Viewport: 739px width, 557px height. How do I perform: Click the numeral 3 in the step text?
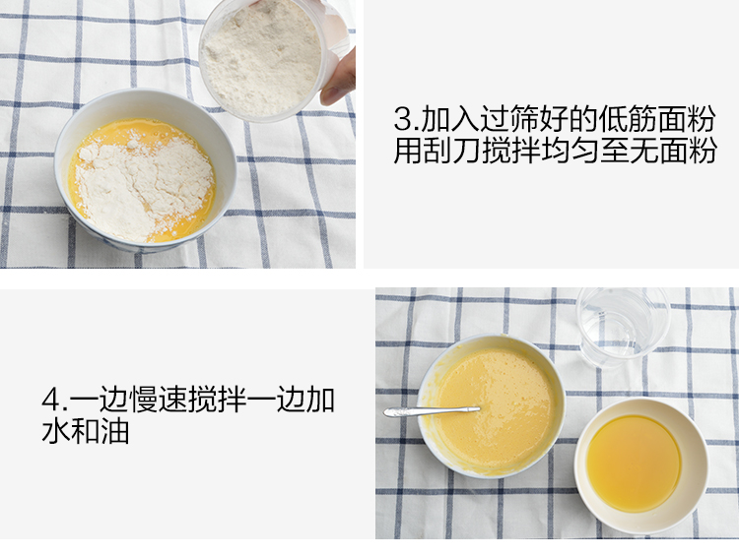(403, 119)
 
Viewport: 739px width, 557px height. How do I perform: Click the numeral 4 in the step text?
(51, 400)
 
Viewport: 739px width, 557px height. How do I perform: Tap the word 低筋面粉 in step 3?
(657, 119)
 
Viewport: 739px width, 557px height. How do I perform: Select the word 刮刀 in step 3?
(437, 150)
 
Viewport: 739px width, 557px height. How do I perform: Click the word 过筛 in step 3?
(510, 119)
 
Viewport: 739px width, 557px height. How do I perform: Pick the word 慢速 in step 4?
(158, 400)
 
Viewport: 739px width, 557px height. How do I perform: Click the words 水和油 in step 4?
(86, 431)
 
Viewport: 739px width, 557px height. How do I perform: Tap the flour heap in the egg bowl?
(141, 187)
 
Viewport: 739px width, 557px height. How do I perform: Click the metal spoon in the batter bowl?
(431, 411)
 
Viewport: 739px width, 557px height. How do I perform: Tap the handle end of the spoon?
(387, 413)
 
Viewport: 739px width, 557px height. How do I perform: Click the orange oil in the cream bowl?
(634, 463)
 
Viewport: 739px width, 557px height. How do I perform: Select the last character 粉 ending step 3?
(702, 150)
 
